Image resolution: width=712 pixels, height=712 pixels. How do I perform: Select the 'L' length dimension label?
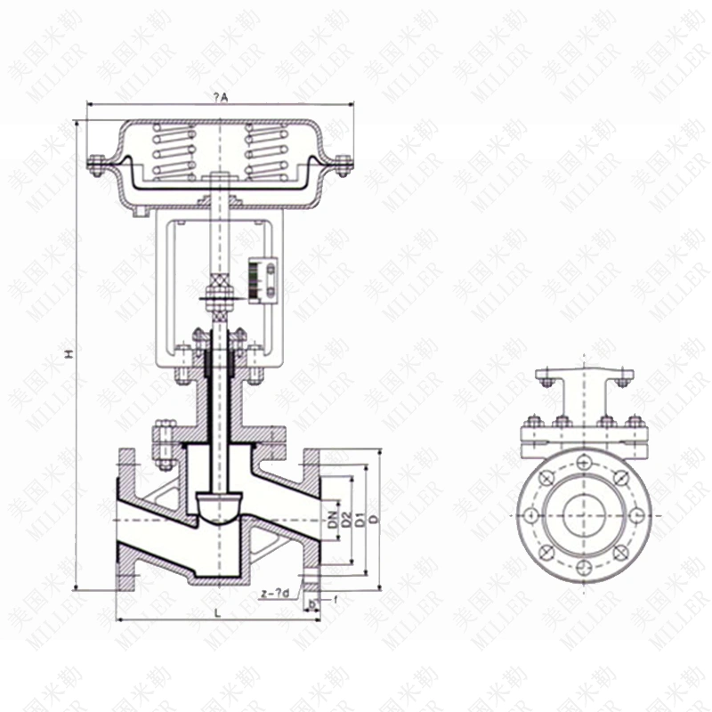pos(218,612)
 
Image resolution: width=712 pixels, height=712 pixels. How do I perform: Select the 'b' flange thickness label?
pos(311,603)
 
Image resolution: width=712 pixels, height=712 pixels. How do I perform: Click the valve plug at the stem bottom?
pos(218,507)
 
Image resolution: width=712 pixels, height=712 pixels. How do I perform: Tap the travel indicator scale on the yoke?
pos(262,274)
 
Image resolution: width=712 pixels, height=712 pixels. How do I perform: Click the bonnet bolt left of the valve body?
pos(163,442)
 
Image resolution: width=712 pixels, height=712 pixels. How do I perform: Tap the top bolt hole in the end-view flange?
pos(583,462)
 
